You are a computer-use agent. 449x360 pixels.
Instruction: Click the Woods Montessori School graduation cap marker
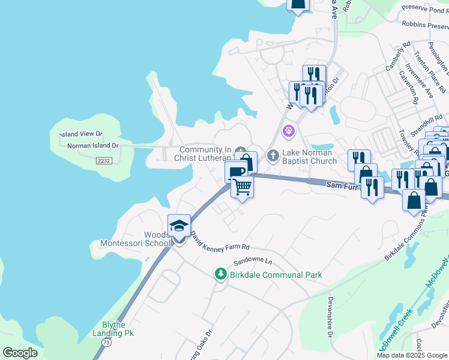(179, 226)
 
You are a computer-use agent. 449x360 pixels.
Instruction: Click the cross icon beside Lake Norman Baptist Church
(273, 156)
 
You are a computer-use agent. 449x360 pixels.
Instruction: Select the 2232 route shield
(104, 161)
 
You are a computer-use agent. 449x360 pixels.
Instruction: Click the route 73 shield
(106, 341)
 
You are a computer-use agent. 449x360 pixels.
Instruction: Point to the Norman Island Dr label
(93, 145)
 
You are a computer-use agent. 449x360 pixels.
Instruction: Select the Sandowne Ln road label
(253, 262)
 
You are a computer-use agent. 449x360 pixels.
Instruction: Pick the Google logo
(20, 353)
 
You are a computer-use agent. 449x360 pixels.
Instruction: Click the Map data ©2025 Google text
(412, 355)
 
